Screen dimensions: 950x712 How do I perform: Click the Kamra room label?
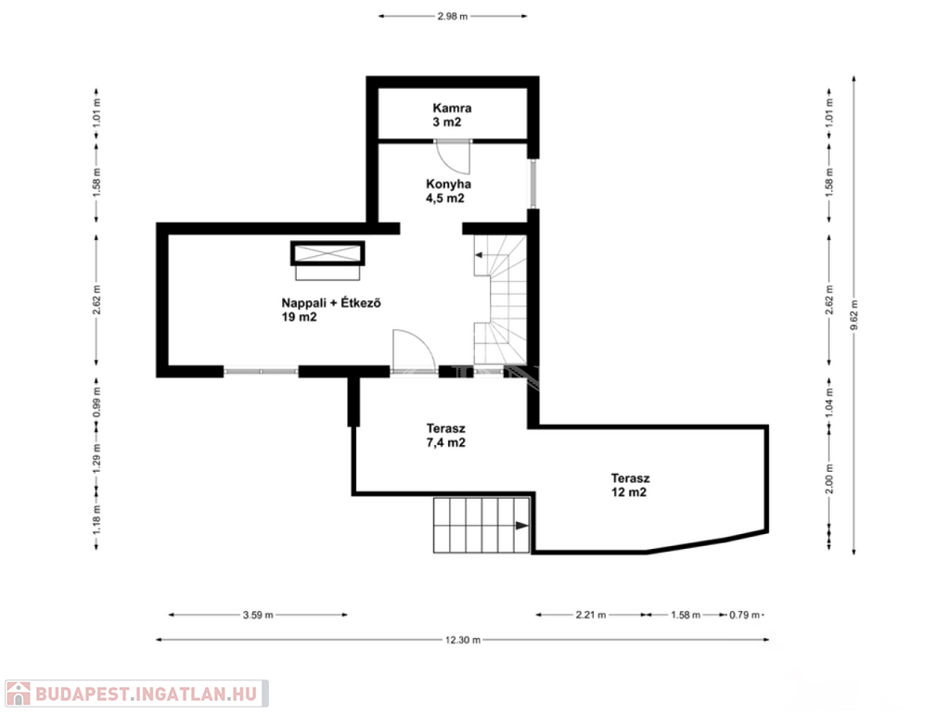pyautogui.click(x=452, y=115)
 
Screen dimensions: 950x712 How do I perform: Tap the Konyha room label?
pyautogui.click(x=448, y=191)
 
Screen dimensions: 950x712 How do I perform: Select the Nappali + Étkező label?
pyautogui.click(x=331, y=310)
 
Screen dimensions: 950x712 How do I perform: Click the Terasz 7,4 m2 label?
pyautogui.click(x=446, y=436)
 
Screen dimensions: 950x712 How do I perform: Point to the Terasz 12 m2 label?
pyautogui.click(x=630, y=485)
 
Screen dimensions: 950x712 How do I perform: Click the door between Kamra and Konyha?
pyautogui.click(x=453, y=155)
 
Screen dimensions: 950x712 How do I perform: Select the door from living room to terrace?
pyautogui.click(x=414, y=350)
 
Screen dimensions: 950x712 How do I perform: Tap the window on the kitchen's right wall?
pyautogui.click(x=533, y=184)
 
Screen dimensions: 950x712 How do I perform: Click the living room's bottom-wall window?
pyautogui.click(x=261, y=371)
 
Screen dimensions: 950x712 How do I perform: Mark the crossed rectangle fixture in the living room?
pyautogui.click(x=327, y=253)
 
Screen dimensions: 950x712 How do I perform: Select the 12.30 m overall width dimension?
pyautogui.click(x=462, y=640)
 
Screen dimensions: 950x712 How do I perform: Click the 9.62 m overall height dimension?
pyautogui.click(x=854, y=315)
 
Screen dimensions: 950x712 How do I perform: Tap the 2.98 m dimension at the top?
pyautogui.click(x=453, y=17)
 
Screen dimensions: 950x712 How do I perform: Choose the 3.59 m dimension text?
pyautogui.click(x=258, y=616)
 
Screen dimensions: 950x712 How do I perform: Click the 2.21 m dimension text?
pyautogui.click(x=591, y=616)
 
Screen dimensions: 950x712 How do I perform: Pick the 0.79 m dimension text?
pyautogui.click(x=745, y=616)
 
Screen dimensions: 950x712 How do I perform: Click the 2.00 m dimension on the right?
pyautogui.click(x=829, y=478)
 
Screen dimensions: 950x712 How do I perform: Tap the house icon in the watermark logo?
pyautogui.click(x=19, y=693)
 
